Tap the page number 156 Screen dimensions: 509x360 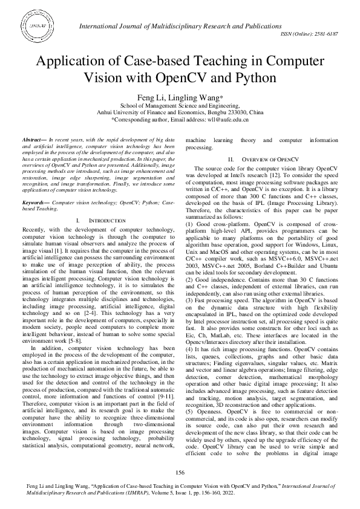pos(180,472)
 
